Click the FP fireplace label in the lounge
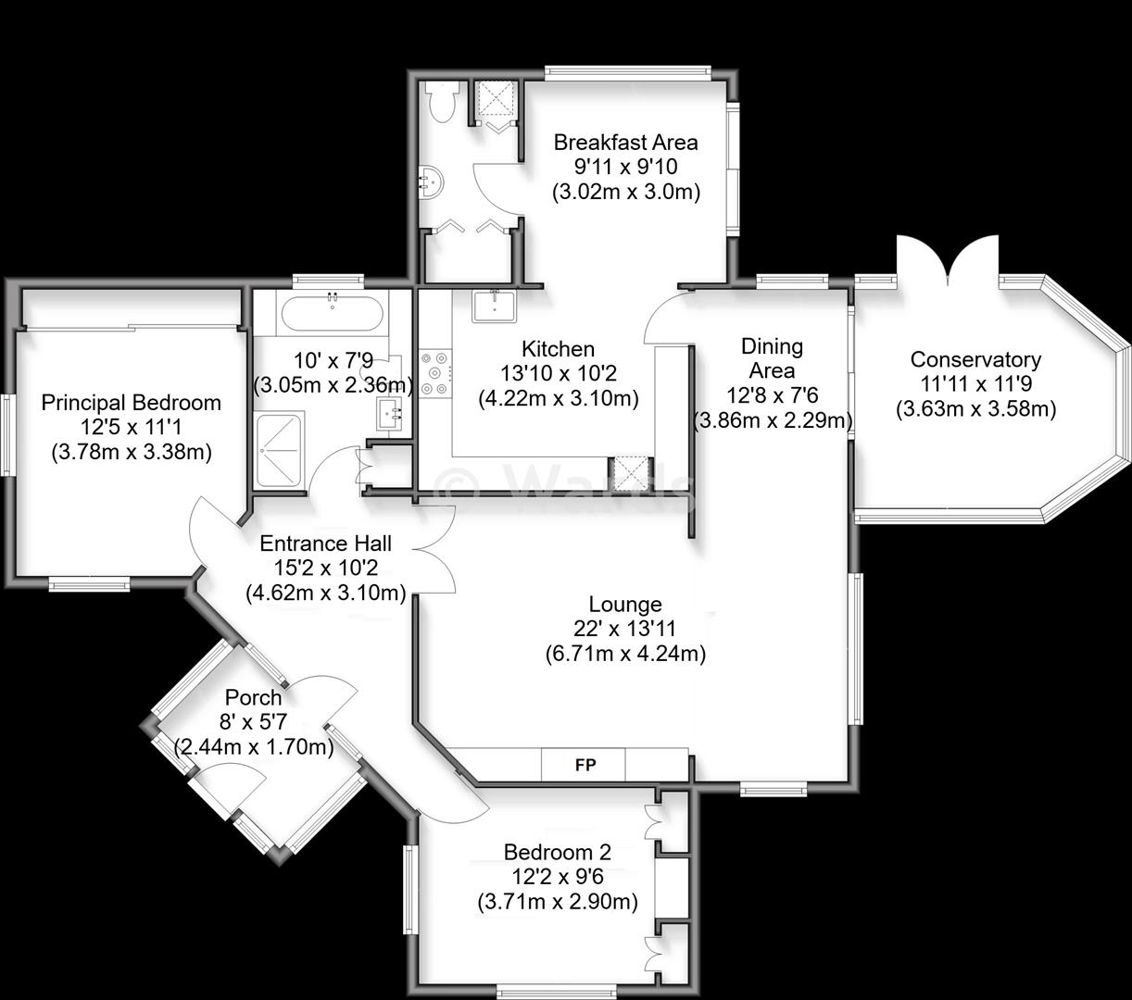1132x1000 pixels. [x=585, y=765]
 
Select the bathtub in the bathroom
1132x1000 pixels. [x=333, y=313]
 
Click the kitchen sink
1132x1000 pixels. [x=494, y=306]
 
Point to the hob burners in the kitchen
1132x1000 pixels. [x=435, y=372]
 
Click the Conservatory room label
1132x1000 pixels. [x=975, y=360]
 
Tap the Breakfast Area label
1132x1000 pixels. [x=626, y=143]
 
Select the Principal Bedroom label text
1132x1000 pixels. [x=132, y=403]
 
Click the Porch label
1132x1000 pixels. [x=253, y=698]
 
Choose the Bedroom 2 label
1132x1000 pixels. [x=557, y=852]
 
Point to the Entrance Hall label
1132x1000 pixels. [x=325, y=544]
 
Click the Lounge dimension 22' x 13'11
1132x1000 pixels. [x=624, y=629]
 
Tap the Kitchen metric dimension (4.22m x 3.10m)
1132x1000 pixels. [x=559, y=398]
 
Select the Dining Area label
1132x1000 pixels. [x=773, y=358]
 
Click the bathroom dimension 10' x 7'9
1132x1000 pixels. [x=333, y=361]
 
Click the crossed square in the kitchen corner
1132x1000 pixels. [x=631, y=474]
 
